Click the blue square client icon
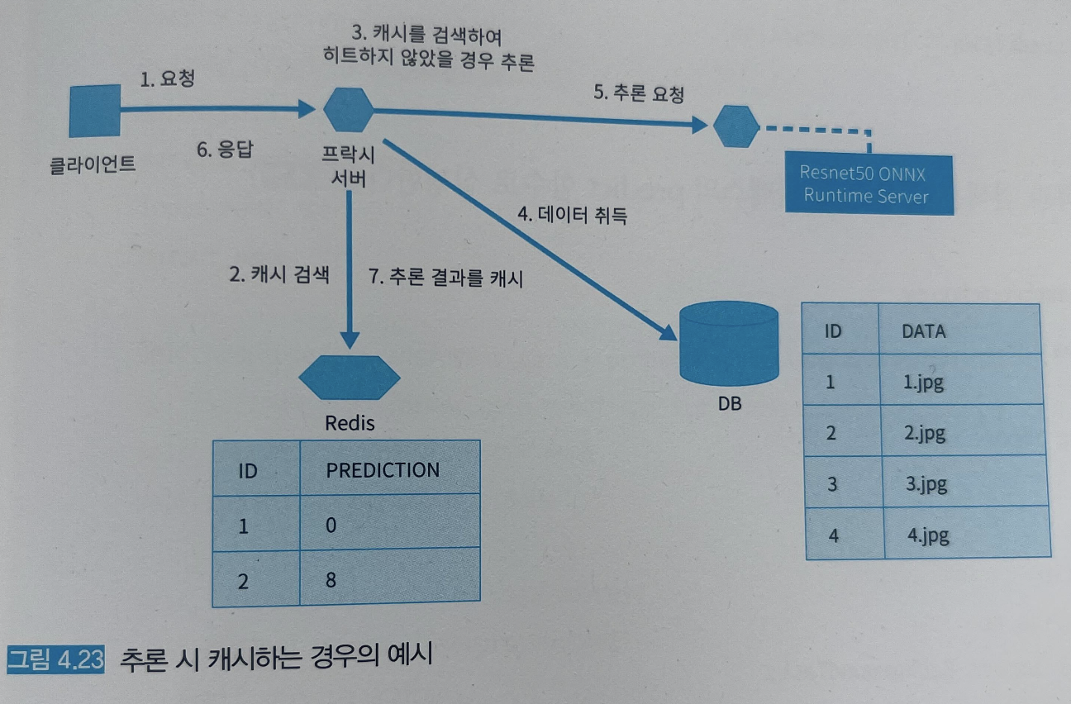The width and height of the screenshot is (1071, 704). pos(95,111)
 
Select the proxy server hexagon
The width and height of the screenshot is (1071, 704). pos(348,108)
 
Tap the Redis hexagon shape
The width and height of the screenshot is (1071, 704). pos(350,378)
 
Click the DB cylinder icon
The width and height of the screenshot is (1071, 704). pos(728,345)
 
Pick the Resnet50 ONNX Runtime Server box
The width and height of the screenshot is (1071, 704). pos(868,184)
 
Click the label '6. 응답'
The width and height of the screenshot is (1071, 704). pos(225,151)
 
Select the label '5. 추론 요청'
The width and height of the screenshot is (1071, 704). pos(639,93)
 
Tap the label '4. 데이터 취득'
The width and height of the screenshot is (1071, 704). pos(572,216)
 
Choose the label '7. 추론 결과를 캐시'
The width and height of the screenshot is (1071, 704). pos(445,278)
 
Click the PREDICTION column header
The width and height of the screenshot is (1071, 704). pos(383,469)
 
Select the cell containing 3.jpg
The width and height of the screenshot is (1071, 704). pos(925,483)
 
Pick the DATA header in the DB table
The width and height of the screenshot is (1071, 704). pos(923,331)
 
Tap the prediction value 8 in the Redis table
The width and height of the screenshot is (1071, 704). pos(331,579)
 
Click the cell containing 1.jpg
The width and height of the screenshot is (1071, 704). pos(924,382)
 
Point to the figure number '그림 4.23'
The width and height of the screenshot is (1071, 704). pos(55,661)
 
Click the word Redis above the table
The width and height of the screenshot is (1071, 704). pos(350,423)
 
